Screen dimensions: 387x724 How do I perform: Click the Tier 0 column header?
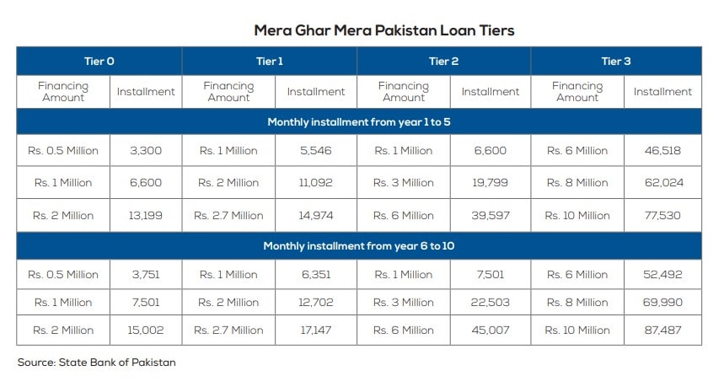point(99,61)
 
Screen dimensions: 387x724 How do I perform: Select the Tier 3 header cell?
point(616,61)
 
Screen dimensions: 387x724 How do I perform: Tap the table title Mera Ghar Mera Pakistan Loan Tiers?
point(383,30)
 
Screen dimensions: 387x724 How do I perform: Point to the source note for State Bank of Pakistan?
point(96,362)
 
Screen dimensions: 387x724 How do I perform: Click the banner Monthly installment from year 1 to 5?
point(359,121)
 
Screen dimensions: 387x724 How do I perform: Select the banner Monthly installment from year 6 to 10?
point(359,245)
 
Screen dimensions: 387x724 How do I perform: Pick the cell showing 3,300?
point(145,151)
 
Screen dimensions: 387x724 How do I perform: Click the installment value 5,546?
point(315,151)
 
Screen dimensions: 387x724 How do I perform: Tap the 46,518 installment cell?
point(662,151)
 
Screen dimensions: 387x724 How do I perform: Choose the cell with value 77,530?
point(662,215)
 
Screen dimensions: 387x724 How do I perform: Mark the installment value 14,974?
point(315,215)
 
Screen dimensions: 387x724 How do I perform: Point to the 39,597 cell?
point(490,215)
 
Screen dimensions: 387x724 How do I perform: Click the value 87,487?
point(662,330)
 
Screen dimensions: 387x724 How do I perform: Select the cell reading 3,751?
point(145,274)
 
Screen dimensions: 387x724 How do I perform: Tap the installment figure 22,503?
point(490,302)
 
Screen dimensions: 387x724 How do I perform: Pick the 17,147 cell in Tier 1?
point(315,330)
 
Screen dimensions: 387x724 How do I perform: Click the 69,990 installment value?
point(662,302)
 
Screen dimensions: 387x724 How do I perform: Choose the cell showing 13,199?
point(145,215)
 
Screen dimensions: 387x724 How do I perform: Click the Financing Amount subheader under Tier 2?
point(403,91)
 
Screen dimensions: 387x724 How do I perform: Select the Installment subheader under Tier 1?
point(315,91)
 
